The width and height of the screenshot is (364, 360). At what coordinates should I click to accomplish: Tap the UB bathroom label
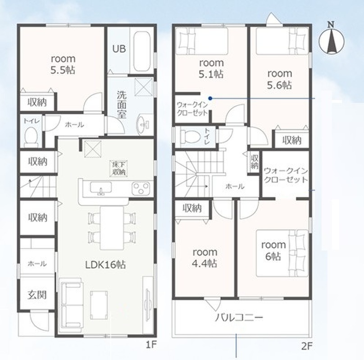point(119,49)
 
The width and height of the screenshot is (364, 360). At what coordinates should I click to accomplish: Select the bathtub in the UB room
point(142,52)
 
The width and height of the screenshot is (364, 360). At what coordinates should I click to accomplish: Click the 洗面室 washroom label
point(122,104)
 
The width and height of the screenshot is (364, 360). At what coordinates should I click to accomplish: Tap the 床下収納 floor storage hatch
point(119,168)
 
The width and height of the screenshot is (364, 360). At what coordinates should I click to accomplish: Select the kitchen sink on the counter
point(101,188)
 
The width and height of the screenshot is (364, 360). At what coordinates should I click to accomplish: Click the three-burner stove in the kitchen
point(141,189)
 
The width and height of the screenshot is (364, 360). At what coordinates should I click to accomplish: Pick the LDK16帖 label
point(105,265)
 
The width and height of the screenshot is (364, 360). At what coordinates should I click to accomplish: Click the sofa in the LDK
point(71,305)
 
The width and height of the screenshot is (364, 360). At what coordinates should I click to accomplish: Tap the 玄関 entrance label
point(37,295)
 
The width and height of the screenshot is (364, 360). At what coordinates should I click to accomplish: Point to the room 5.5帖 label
point(63,64)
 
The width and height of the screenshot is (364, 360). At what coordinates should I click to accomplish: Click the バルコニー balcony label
point(239,317)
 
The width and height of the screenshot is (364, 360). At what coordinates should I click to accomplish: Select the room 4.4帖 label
point(205,257)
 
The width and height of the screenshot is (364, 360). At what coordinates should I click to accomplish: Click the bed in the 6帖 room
point(282,253)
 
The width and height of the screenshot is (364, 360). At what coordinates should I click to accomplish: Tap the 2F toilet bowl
point(191,136)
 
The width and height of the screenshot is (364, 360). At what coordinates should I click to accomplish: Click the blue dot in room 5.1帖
point(210,99)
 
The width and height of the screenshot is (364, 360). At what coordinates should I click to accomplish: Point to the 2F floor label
point(307,346)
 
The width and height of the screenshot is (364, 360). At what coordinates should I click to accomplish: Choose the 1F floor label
point(151,345)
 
